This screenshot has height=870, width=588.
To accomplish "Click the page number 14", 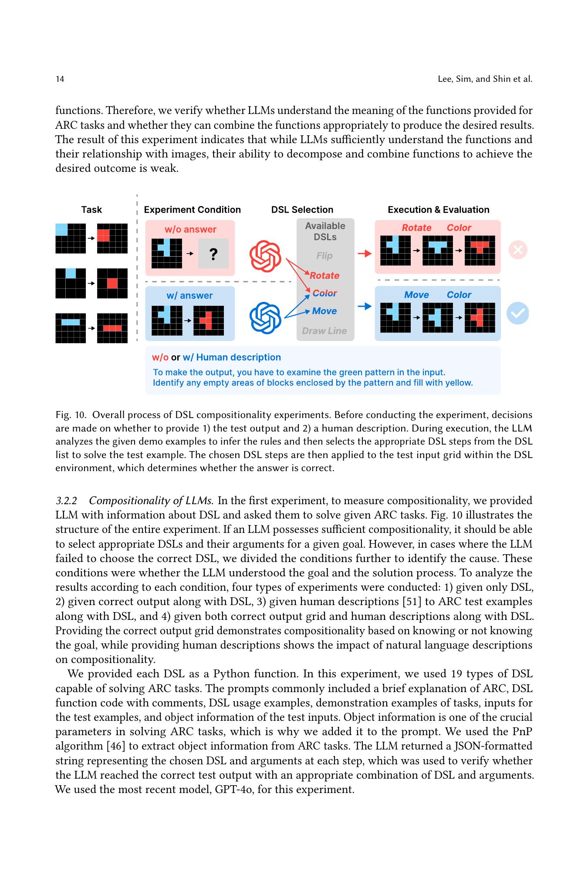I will click(60, 79).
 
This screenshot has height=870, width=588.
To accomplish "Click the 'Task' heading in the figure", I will click(91, 210).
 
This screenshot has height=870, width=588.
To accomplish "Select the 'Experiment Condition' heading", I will click(192, 210).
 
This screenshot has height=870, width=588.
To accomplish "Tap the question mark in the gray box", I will click(213, 254).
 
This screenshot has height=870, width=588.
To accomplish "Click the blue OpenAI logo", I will click(265, 318).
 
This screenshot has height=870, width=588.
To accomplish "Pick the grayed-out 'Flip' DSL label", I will click(324, 256).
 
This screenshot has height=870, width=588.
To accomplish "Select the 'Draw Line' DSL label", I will click(324, 331).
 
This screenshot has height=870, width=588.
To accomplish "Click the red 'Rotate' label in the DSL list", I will click(324, 275).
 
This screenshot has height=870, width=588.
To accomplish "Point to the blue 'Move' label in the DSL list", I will click(324, 311).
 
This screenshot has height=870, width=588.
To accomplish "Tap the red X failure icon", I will click(518, 250).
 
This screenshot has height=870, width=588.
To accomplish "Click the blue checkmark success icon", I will click(518, 313).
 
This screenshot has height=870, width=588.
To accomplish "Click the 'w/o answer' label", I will click(190, 229).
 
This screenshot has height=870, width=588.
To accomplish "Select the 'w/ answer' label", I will click(189, 296).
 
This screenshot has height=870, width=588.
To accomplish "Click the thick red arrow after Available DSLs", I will click(365, 253).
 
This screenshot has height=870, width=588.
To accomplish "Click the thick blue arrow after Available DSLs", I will click(365, 306).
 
